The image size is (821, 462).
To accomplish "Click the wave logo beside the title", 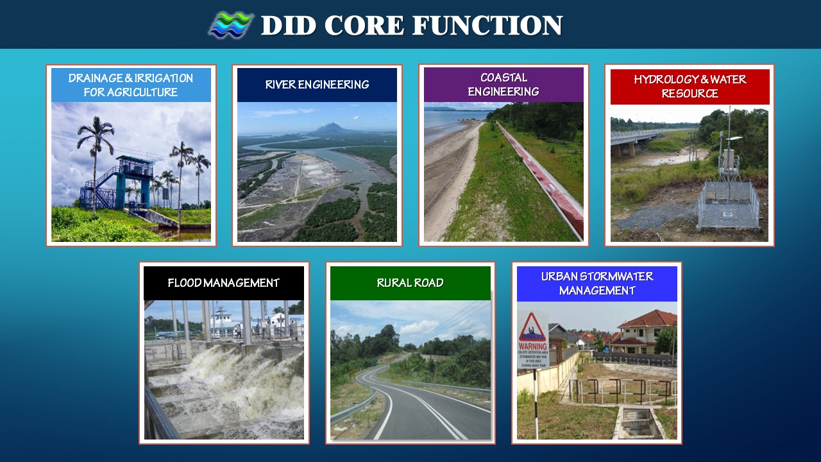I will (x=231, y=26).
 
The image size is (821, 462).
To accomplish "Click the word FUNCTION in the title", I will (x=487, y=26).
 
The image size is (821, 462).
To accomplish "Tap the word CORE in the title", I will (x=364, y=26).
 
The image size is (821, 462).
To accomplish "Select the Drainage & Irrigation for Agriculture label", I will (x=131, y=85).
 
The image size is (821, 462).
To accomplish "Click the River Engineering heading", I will (x=317, y=85).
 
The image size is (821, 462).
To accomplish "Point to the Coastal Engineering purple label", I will (x=504, y=85).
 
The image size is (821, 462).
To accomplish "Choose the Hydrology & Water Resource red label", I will (x=690, y=87).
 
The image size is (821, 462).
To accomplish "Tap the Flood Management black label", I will (x=224, y=283).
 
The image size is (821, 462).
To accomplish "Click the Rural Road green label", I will (x=410, y=283).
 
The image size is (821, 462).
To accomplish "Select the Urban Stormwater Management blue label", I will (x=597, y=284).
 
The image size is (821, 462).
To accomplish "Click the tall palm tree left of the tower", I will (x=95, y=154).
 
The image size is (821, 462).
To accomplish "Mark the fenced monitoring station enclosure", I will (x=728, y=205).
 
